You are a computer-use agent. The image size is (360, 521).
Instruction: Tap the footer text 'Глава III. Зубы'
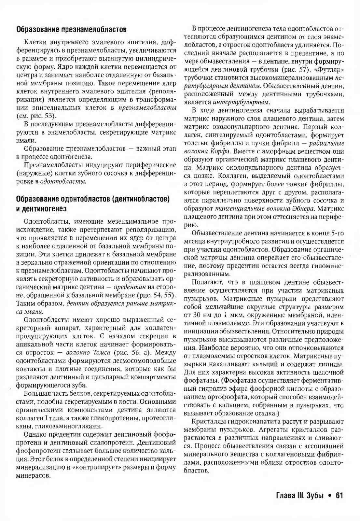click(300, 496)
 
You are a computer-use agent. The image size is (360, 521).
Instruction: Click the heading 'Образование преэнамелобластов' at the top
click(71, 30)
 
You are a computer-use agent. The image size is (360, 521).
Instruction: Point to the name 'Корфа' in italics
click(222, 151)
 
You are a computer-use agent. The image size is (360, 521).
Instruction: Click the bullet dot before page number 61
click(330, 496)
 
